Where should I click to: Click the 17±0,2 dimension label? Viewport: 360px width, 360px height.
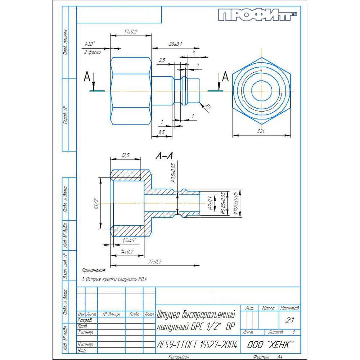click(130, 32)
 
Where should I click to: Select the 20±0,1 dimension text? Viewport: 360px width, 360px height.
click(175, 44)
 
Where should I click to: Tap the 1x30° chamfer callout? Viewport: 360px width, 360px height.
click(89, 44)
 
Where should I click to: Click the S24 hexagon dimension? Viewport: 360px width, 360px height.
click(261, 132)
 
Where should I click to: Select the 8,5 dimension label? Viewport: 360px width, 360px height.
click(161, 132)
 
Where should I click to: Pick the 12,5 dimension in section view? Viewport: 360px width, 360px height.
click(125, 155)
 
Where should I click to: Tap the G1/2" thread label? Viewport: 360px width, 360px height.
click(96, 203)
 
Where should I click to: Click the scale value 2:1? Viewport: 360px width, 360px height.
click(289, 320)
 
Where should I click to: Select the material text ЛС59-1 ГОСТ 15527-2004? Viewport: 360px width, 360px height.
click(197, 345)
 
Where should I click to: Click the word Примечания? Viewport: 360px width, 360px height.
click(93, 270)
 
